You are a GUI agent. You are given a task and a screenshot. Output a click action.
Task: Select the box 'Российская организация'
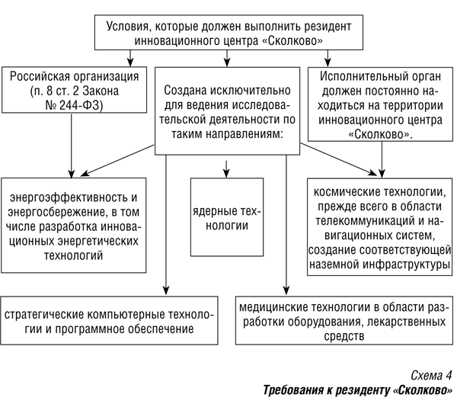click(x=75, y=90)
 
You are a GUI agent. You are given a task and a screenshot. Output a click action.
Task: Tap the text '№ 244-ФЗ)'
click(x=75, y=105)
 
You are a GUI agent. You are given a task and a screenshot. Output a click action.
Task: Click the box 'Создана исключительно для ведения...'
click(x=227, y=111)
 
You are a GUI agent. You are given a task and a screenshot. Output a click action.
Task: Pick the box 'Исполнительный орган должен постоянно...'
click(x=380, y=104)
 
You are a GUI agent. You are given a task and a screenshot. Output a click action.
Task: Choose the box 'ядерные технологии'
click(x=227, y=217)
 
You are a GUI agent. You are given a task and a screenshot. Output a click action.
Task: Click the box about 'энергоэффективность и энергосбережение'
click(x=74, y=226)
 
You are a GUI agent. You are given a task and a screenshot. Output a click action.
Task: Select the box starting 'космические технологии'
click(x=380, y=227)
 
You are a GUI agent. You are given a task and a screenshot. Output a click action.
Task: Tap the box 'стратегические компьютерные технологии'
click(x=109, y=321)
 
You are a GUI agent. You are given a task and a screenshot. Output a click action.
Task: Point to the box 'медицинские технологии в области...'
click(x=344, y=321)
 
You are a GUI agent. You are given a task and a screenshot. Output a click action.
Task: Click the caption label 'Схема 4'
click(x=431, y=375)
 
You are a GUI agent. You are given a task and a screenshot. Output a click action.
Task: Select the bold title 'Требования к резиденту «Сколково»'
click(x=358, y=390)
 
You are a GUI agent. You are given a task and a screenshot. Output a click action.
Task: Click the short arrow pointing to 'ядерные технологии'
click(x=226, y=168)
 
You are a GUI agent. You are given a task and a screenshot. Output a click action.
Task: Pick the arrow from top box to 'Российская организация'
click(x=130, y=59)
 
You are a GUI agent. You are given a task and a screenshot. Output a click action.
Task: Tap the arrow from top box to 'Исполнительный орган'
click(x=328, y=59)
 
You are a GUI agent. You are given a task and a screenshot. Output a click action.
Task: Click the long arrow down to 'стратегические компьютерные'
click(x=166, y=225)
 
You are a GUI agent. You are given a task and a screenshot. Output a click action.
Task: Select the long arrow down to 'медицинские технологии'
click(x=286, y=225)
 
